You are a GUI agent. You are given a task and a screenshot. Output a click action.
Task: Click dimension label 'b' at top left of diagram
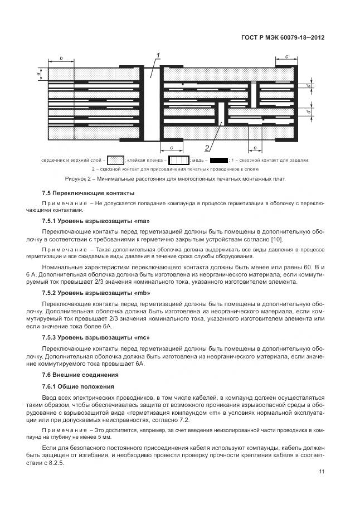click(x=61, y=57)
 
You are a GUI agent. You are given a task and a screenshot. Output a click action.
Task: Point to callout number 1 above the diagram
click(x=158, y=55)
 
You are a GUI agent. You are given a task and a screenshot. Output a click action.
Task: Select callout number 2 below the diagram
click(x=207, y=148)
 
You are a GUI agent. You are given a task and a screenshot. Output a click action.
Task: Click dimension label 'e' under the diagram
click(x=255, y=148)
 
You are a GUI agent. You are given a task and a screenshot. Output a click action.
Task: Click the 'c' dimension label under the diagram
click(x=172, y=148)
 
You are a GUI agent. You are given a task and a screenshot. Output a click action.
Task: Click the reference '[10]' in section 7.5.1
click(x=276, y=240)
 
